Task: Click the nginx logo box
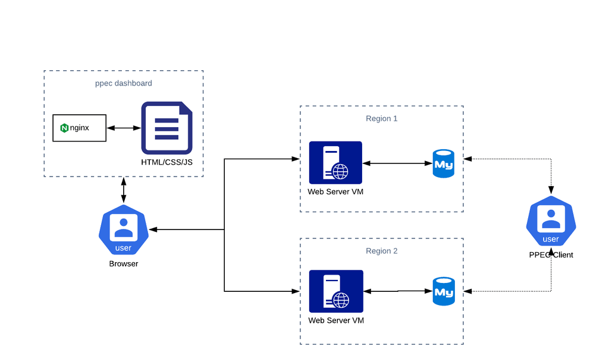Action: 79,128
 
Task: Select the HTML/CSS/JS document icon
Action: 167,128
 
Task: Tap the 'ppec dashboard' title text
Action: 124,83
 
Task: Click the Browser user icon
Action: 123,230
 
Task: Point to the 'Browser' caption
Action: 124,263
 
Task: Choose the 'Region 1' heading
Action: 382,118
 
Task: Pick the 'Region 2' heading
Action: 382,251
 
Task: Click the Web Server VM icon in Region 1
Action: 335,162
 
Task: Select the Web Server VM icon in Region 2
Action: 336,291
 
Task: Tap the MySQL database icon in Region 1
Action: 444,162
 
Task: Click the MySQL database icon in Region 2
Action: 444,291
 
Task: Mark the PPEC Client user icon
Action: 551,224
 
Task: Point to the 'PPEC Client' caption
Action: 551,255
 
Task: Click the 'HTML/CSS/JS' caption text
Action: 167,162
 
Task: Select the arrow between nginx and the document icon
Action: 124,128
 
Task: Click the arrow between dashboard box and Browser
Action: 124,190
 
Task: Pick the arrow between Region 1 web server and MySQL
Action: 397,162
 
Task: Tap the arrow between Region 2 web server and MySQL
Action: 397,291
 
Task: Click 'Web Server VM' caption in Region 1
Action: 335,191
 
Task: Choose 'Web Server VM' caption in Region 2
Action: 336,320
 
